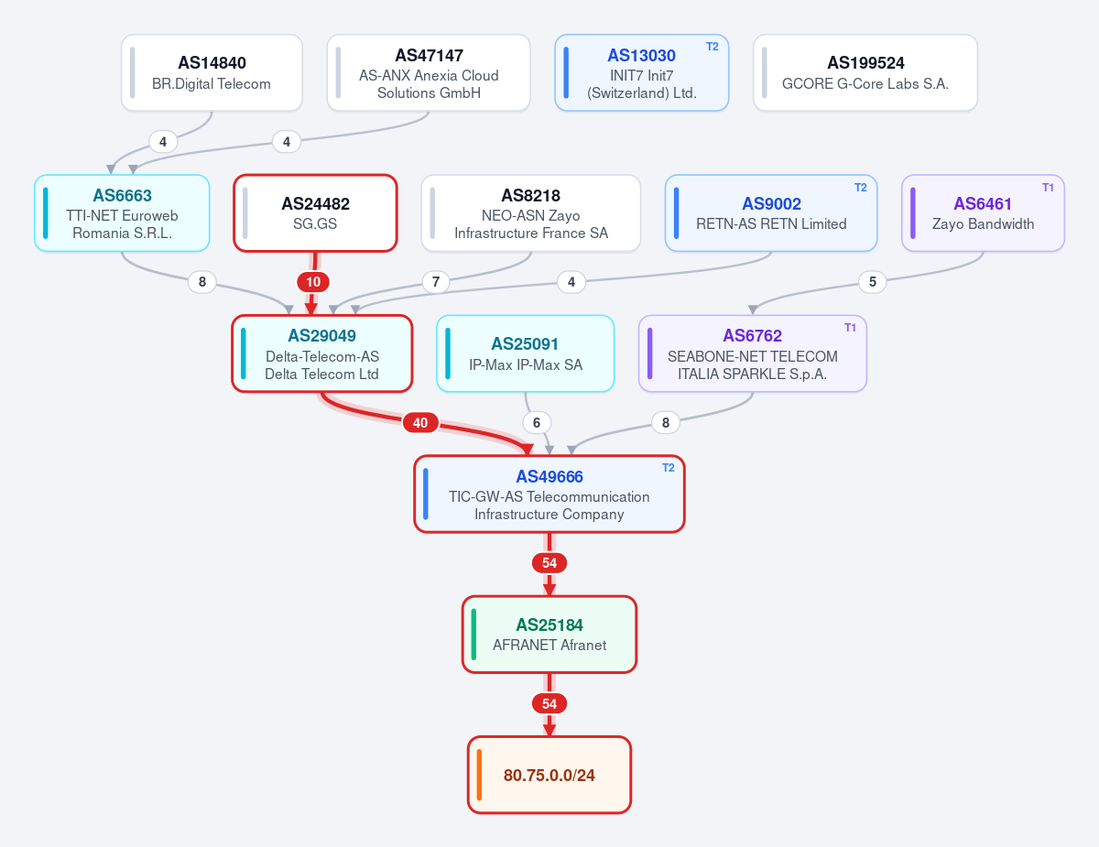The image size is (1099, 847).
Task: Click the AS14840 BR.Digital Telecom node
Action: [212, 73]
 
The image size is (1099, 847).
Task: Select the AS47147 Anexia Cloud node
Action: [429, 73]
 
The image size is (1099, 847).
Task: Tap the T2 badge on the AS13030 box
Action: [713, 47]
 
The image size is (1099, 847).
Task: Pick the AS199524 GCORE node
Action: [865, 73]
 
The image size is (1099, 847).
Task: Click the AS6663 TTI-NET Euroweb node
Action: [122, 213]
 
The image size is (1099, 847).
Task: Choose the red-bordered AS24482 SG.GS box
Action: [315, 213]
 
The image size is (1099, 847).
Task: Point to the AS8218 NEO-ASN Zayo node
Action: [530, 213]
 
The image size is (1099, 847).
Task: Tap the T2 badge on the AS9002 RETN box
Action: [860, 188]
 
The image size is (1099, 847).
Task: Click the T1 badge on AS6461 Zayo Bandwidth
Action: [1048, 188]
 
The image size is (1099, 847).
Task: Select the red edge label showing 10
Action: [313, 282]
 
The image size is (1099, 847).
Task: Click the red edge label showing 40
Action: [420, 423]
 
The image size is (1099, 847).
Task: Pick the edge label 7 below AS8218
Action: [435, 282]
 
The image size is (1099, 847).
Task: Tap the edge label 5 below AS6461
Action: [873, 282]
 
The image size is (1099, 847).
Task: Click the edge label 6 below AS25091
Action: [537, 423]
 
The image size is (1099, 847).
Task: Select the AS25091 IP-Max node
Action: [526, 353]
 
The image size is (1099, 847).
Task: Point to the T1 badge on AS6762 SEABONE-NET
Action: [850, 328]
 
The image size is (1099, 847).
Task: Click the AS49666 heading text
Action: [549, 476]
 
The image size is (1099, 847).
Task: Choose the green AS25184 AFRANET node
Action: [549, 635]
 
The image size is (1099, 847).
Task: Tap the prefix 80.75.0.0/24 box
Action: [549, 775]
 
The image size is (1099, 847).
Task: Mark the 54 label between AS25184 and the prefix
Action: [549, 703]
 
